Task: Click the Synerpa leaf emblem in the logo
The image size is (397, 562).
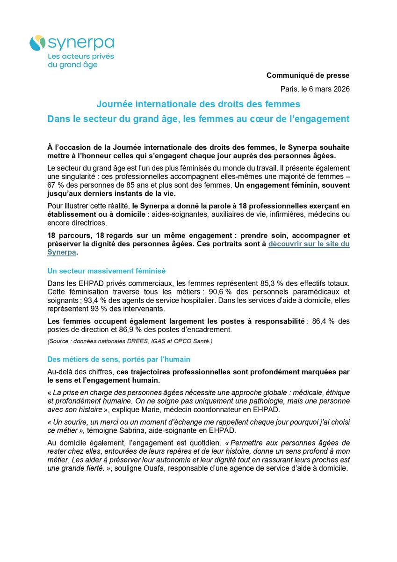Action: point(37,44)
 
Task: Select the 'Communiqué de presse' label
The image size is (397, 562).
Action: point(308,75)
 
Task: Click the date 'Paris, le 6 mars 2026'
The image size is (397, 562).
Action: point(315,89)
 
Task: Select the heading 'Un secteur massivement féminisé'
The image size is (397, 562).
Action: point(106,271)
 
